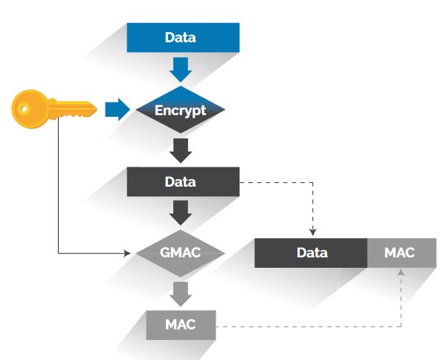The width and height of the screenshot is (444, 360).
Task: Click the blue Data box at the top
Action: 183,37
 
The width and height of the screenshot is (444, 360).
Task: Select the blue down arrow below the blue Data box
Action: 181,69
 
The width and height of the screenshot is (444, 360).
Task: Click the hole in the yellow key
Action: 22,109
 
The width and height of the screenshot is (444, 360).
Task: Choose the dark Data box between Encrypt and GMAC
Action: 183,181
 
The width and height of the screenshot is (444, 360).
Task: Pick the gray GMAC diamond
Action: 181,252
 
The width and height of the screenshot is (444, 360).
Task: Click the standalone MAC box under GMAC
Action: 181,325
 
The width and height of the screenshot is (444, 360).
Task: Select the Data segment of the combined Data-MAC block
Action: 311,253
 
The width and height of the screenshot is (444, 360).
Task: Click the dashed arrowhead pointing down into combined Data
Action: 312,233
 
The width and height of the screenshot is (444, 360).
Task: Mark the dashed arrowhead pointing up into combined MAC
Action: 402,272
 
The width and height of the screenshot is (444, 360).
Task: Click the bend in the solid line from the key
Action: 59,253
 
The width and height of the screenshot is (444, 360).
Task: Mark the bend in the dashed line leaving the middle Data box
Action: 312,181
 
